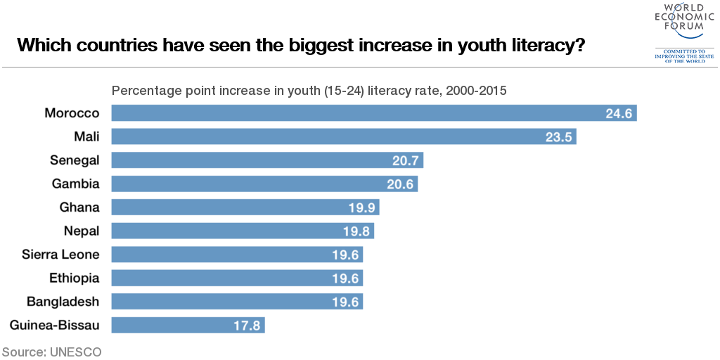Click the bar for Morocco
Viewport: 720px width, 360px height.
pyautogui.click(x=374, y=113)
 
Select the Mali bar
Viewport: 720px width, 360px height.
pyautogui.click(x=344, y=137)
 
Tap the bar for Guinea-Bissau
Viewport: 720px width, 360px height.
pyautogui.click(x=188, y=326)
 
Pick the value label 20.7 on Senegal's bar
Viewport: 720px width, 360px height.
pyautogui.click(x=404, y=161)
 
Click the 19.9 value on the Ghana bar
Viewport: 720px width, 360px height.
pyautogui.click(x=361, y=208)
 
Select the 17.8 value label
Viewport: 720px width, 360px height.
pyautogui.click(x=247, y=326)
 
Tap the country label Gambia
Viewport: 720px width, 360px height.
pyautogui.click(x=75, y=184)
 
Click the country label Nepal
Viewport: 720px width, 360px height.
pyautogui.click(x=82, y=231)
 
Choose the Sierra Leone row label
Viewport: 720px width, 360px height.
pyautogui.click(x=60, y=255)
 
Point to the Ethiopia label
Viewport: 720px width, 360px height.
pyautogui.click(x=75, y=278)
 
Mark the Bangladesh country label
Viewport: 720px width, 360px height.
pyautogui.click(x=63, y=302)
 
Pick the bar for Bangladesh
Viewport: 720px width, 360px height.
pyautogui.click(x=238, y=302)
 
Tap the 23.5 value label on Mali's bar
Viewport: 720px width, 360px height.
pyautogui.click(x=558, y=137)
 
